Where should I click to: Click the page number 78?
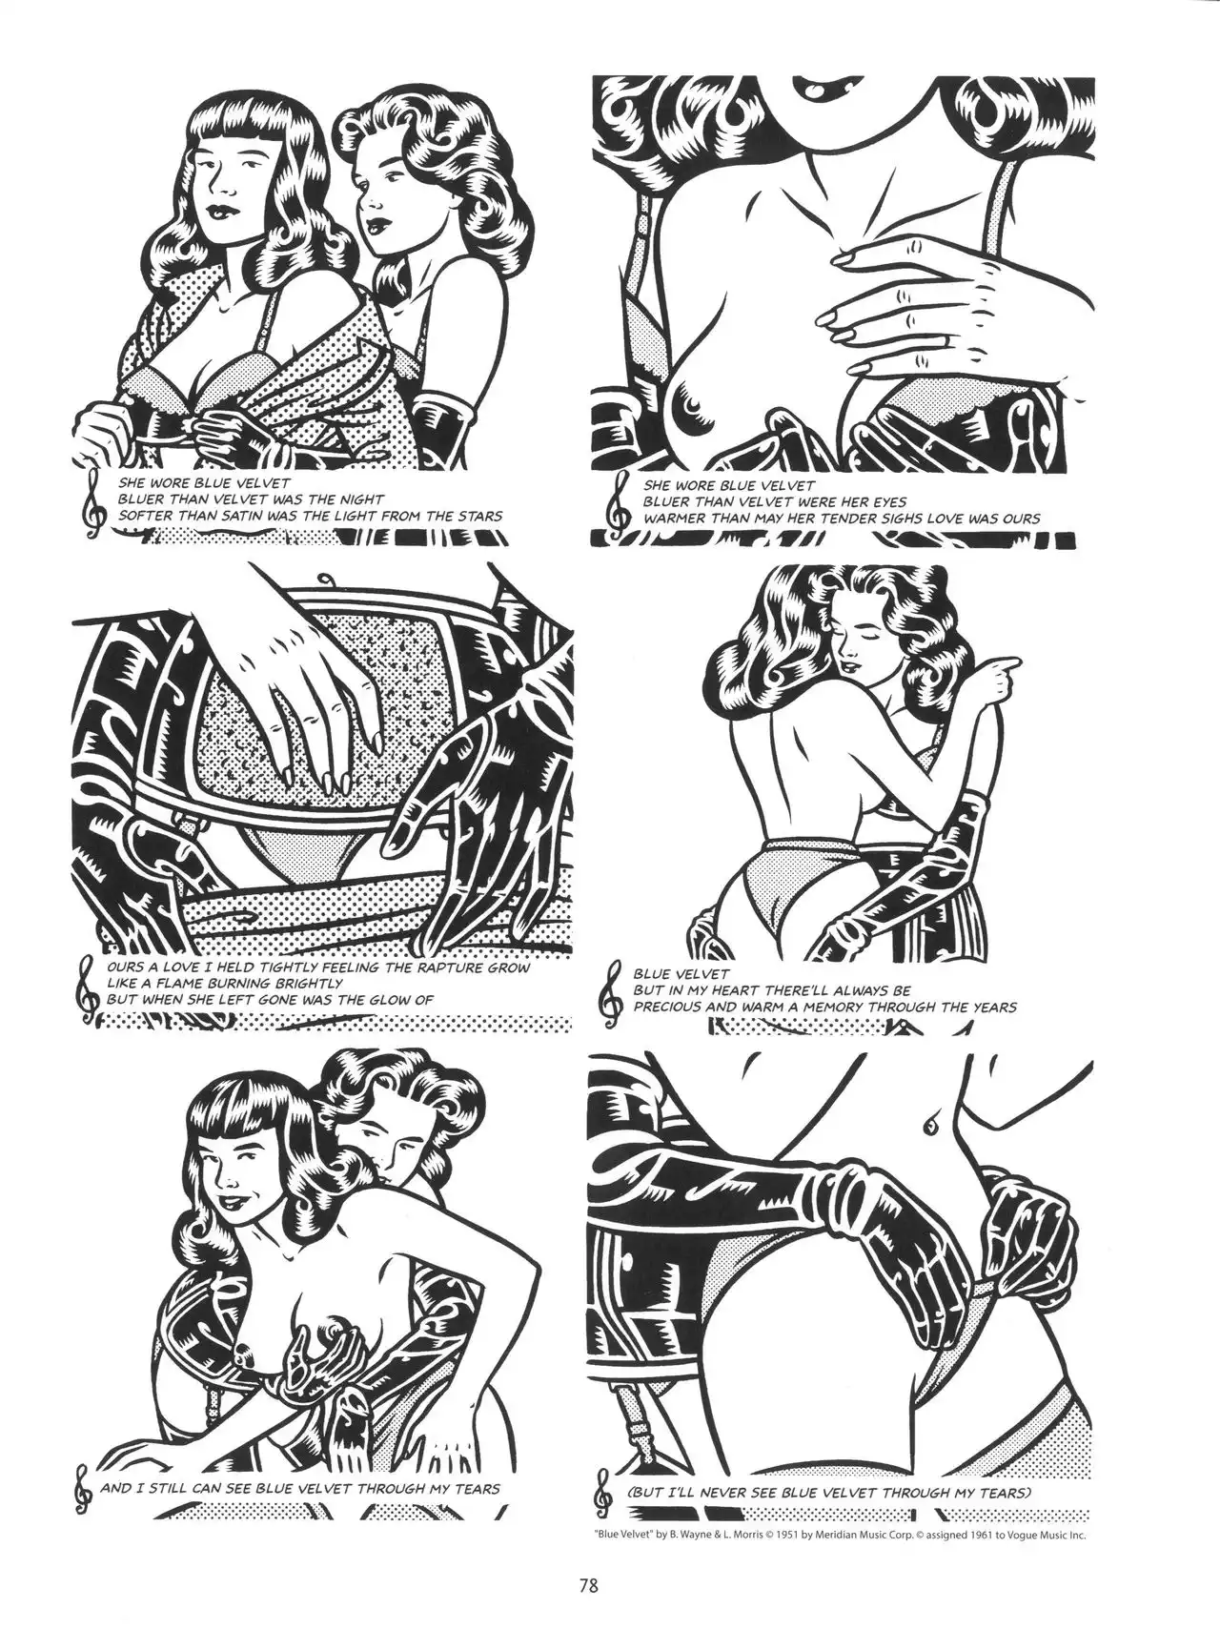(588, 1586)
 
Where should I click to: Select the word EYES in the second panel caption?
(885, 501)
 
